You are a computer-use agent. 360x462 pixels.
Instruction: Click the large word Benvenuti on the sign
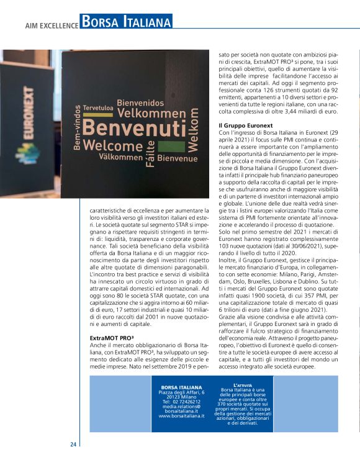tap(133, 129)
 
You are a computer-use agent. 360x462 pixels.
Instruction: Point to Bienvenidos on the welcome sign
tap(140, 102)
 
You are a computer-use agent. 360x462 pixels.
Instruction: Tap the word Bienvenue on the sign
tap(178, 158)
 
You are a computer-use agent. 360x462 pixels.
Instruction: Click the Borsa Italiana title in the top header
tap(127, 23)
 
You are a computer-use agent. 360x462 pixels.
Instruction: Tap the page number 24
tap(73, 444)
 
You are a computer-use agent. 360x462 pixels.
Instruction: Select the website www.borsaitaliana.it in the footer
tap(182, 416)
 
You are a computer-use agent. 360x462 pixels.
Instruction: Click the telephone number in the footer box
tap(182, 401)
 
